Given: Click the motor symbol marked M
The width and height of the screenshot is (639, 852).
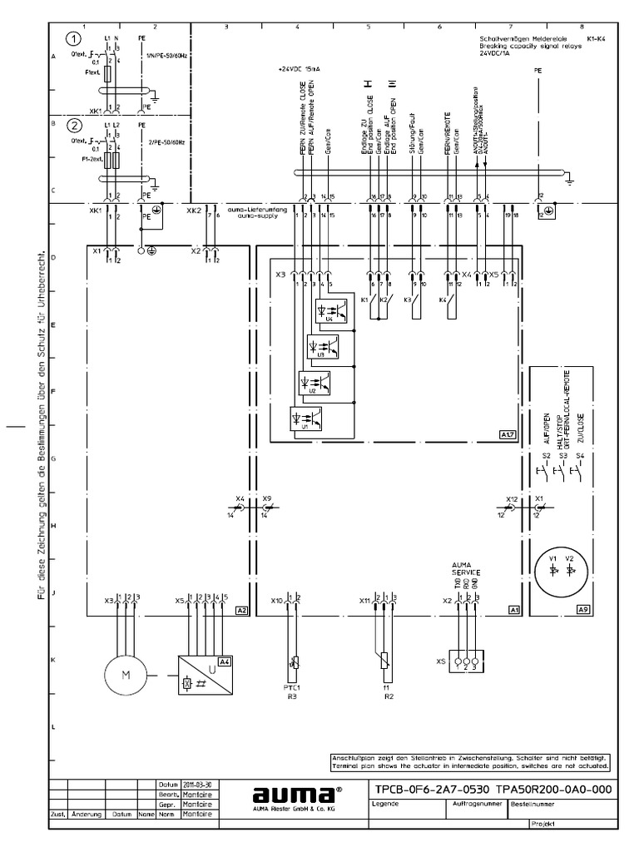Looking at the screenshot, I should click(126, 675).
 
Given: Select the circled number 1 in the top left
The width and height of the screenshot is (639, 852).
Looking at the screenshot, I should click(75, 39).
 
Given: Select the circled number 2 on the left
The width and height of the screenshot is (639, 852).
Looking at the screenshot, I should click(75, 126).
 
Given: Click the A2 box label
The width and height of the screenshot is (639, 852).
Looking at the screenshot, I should click(241, 610).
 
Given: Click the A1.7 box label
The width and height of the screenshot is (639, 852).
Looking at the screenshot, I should click(508, 434).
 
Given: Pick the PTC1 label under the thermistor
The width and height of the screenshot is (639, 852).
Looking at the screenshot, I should click(292, 688).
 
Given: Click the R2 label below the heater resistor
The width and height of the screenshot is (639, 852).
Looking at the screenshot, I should click(389, 696).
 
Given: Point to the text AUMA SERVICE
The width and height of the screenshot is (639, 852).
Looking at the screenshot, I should click(466, 569).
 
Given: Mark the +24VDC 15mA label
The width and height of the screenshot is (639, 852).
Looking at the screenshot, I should click(300, 70).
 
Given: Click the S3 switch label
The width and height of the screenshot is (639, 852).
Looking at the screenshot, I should click(563, 456).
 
